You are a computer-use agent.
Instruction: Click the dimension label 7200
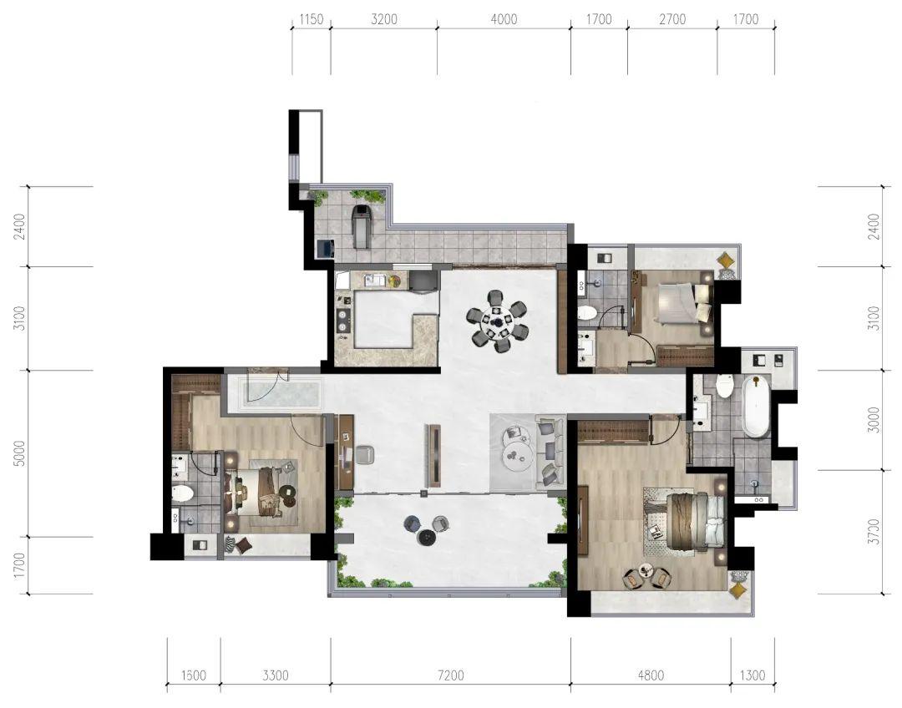point(450,675)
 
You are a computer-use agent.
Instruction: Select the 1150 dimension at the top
point(312,19)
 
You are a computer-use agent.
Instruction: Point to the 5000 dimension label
point(19,453)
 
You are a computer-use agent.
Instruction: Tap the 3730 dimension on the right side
point(874,532)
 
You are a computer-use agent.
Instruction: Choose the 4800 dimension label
point(651,675)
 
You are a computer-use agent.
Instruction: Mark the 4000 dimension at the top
point(504,19)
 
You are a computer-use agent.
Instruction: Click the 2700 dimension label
point(672,19)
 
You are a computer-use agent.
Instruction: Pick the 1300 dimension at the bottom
point(752,675)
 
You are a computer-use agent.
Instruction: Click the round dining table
point(496,321)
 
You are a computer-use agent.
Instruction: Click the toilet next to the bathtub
point(723,386)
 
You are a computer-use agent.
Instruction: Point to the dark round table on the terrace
point(427,537)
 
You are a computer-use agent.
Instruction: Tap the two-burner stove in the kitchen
point(343,321)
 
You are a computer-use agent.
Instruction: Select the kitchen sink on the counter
point(376,280)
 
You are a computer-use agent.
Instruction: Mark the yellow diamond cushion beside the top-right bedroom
point(727,260)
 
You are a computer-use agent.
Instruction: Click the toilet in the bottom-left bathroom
point(183,493)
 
